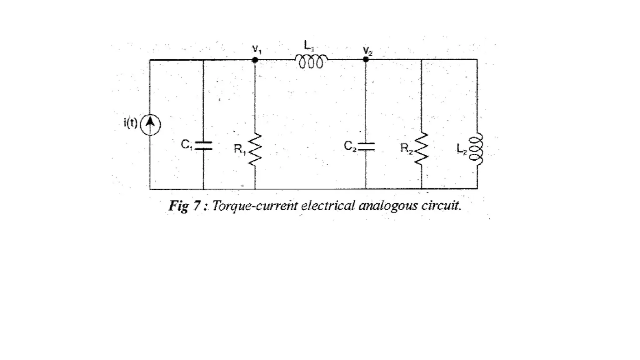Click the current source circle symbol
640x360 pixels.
[150, 125]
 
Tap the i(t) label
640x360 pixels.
[130, 123]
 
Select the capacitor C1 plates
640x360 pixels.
[203, 146]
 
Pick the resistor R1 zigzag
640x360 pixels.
[255, 149]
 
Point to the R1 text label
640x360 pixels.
[240, 149]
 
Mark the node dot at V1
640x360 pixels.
[255, 60]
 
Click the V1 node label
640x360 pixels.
[257, 49]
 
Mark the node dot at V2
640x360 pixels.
[366, 59]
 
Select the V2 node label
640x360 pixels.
[367, 51]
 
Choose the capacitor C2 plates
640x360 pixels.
[366, 146]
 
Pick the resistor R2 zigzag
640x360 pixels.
[422, 148]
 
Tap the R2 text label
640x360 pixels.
[407, 148]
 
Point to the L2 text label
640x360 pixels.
[462, 149]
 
